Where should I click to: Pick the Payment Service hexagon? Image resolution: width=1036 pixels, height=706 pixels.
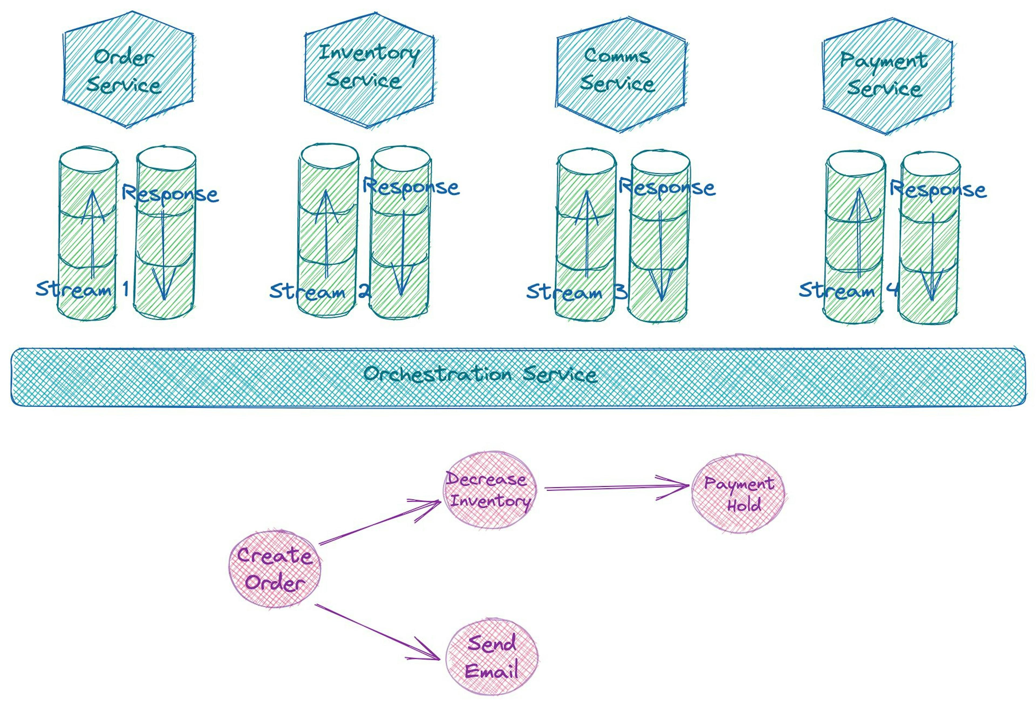tap(887, 76)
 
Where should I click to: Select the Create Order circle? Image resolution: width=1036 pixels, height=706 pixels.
tap(275, 569)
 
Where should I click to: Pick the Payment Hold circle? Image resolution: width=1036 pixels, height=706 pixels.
tap(739, 494)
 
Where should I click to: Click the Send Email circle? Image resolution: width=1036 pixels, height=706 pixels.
tap(492, 658)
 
